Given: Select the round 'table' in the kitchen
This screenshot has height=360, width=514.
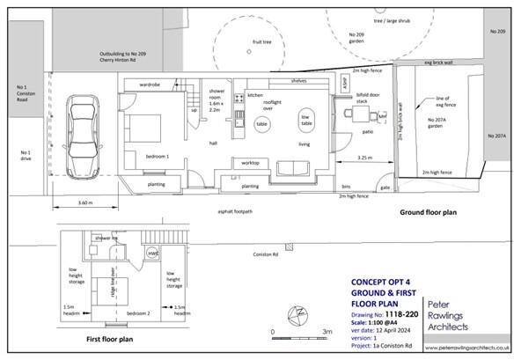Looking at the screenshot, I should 261,126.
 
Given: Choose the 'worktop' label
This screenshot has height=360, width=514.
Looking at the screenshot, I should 249,164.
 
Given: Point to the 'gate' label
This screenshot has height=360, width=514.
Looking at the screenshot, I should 384,187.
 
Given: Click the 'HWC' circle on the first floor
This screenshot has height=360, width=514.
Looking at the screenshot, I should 152,254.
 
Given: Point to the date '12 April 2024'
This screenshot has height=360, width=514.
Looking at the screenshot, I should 393,304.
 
